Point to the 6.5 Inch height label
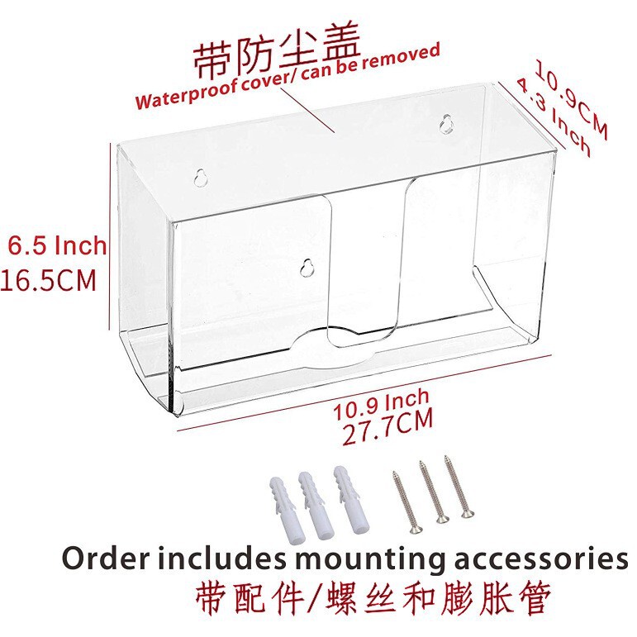(x=58, y=245)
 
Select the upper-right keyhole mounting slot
(x=444, y=123)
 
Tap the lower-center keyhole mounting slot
(x=307, y=269)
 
